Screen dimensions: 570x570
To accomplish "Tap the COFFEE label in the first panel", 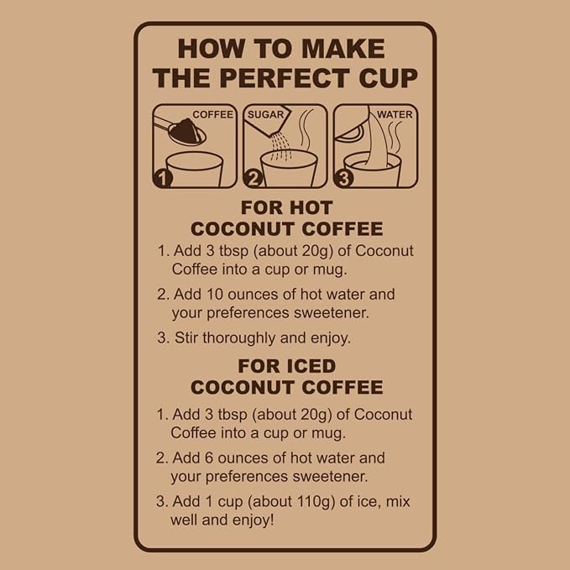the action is tap(212, 114).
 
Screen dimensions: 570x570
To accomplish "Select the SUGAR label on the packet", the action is tap(265, 114).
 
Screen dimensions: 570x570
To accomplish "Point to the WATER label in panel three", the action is tap(395, 114).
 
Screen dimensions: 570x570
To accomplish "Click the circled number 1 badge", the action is tap(163, 178).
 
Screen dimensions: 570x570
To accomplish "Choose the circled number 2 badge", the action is tap(254, 178).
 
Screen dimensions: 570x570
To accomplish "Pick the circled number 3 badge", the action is tap(344, 178).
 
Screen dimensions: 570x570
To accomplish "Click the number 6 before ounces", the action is tap(209, 458).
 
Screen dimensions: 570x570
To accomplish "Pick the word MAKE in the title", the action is tap(343, 49).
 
